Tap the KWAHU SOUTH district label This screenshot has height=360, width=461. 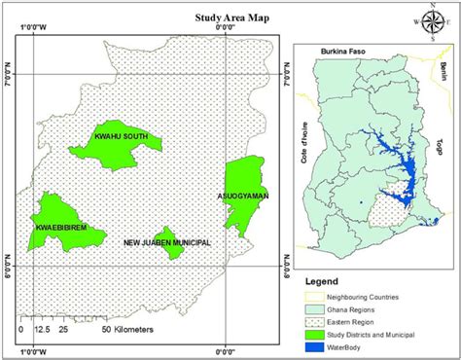click(122, 136)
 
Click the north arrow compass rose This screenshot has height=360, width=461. click(434, 20)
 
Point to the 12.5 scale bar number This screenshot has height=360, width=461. click(41, 331)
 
